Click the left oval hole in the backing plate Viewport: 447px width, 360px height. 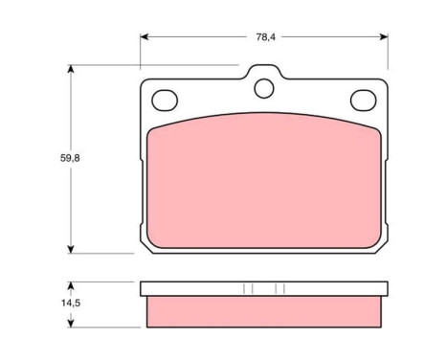point(166,99)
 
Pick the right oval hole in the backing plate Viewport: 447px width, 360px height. point(363,99)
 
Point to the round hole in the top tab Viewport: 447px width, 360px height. point(264,88)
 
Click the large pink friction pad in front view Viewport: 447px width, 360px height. point(264,182)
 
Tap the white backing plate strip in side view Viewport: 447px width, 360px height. point(264,288)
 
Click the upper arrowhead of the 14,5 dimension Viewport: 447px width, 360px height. point(70,285)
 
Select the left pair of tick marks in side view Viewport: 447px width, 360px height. point(247,288)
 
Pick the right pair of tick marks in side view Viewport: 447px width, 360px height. point(280,288)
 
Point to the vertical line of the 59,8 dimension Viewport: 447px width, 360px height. point(70,191)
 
